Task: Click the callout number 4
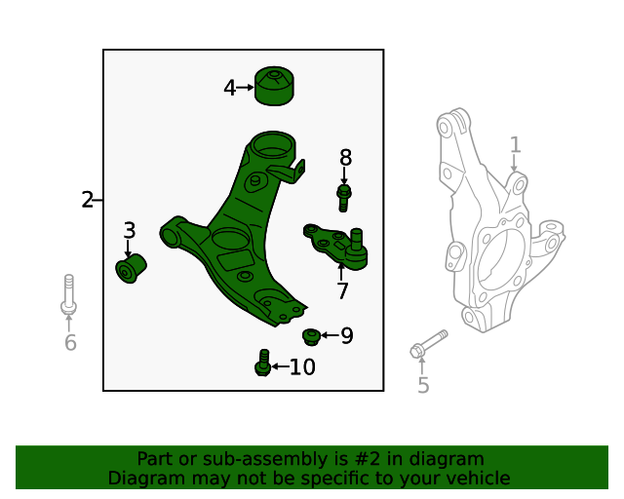[x=229, y=88]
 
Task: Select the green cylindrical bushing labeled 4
[x=274, y=86]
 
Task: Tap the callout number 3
[x=129, y=231]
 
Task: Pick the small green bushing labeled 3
[x=130, y=267]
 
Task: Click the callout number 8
[x=345, y=158]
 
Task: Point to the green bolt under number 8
[x=343, y=196]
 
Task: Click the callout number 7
[x=342, y=290]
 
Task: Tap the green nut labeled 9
[x=312, y=336]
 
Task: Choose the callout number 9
[x=346, y=336]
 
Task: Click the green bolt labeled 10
[x=262, y=363]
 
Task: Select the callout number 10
[x=302, y=367]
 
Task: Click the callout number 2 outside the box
[x=87, y=201]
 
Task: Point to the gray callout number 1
[x=515, y=145]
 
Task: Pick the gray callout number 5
[x=422, y=386]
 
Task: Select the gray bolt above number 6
[x=68, y=294]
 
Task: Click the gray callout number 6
[x=69, y=342]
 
